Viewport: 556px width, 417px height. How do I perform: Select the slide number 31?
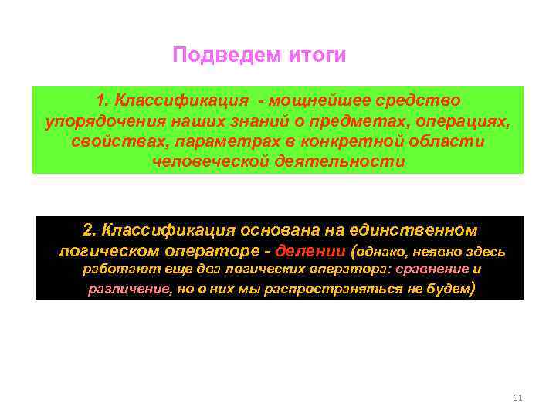[517, 398]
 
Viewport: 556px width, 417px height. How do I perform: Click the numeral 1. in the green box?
[102, 101]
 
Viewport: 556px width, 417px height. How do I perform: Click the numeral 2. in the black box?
[90, 230]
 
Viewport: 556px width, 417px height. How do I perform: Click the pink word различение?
[126, 290]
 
